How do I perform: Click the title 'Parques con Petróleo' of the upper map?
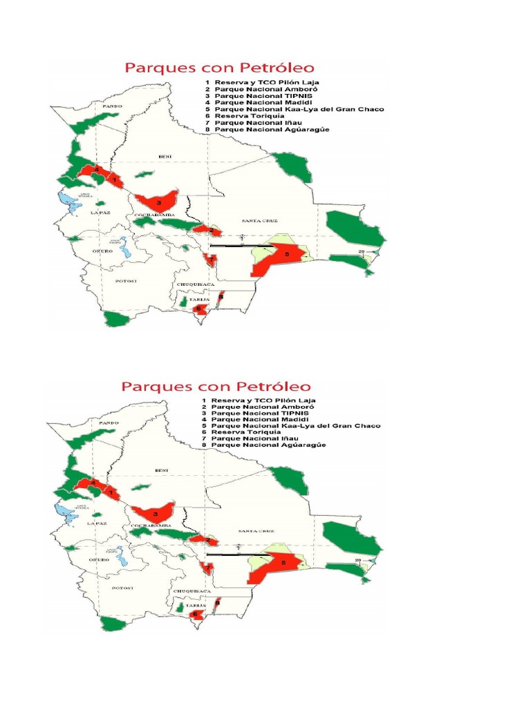click(x=219, y=68)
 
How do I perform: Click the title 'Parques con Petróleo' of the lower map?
click(x=216, y=387)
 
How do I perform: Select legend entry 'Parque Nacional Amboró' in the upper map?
click(x=254, y=90)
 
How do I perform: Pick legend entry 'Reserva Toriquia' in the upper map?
click(x=247, y=116)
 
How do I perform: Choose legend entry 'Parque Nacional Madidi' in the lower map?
click(x=252, y=419)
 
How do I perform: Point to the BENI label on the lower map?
click(x=162, y=469)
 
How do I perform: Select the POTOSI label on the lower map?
click(x=122, y=588)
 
